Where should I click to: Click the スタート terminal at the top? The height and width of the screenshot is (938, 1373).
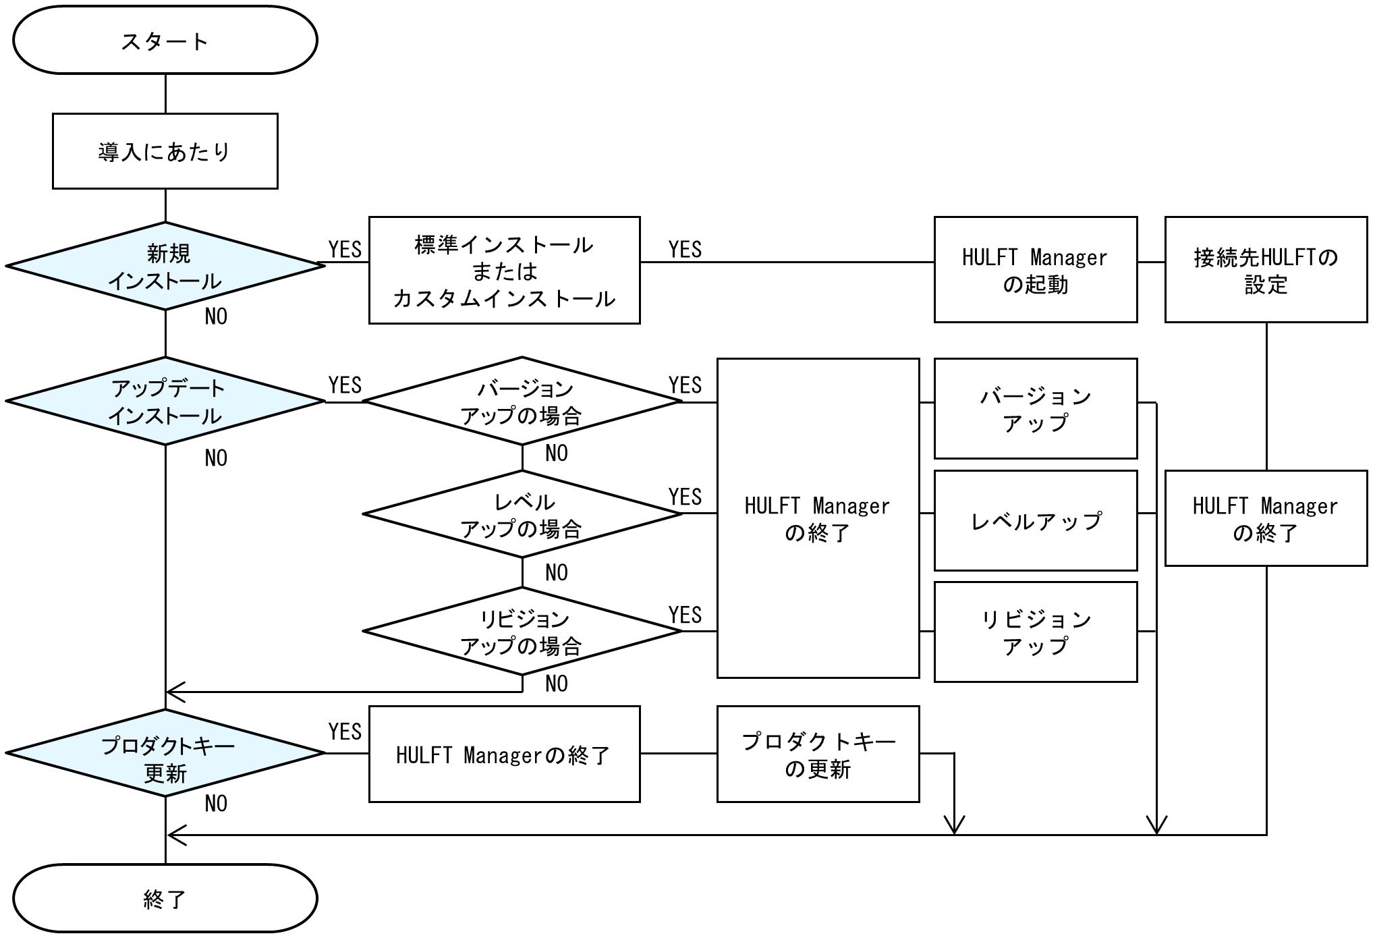pyautogui.click(x=165, y=40)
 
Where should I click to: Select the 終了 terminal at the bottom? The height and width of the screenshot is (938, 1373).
pyautogui.click(x=165, y=898)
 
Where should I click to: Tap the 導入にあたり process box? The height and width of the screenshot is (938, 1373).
pyautogui.click(x=165, y=151)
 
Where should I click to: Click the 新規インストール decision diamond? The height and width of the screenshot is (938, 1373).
pyautogui.click(x=165, y=267)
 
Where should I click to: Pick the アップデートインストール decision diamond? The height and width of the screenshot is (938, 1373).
pyautogui.click(x=165, y=402)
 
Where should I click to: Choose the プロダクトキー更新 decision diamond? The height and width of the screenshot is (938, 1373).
pyautogui.click(x=165, y=753)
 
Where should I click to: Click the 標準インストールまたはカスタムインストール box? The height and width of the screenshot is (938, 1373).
pyautogui.click(x=504, y=271)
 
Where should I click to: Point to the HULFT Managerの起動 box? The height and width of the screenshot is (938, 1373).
pyautogui.click(x=1035, y=270)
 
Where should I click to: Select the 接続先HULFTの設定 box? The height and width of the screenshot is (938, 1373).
pyautogui.click(x=1266, y=270)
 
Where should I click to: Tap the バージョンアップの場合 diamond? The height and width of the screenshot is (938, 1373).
pyautogui.click(x=522, y=402)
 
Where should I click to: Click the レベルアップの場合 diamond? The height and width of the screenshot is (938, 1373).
pyautogui.click(x=522, y=514)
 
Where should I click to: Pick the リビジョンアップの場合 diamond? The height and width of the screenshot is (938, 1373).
pyautogui.click(x=522, y=632)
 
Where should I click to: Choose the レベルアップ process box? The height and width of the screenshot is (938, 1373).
pyautogui.click(x=1035, y=521)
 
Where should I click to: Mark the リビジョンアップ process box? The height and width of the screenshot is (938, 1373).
pyautogui.click(x=1035, y=632)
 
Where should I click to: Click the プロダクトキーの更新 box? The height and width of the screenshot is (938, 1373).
pyautogui.click(x=818, y=754)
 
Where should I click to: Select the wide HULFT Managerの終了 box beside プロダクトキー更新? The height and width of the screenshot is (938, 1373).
pyautogui.click(x=504, y=754)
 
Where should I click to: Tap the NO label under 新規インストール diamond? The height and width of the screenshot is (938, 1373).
pyautogui.click(x=216, y=316)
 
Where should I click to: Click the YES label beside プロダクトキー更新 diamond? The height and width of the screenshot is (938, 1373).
pyautogui.click(x=345, y=732)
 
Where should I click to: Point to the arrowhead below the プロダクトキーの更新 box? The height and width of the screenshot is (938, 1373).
pyautogui.click(x=954, y=825)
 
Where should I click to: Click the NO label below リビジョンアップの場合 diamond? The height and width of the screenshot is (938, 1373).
pyautogui.click(x=557, y=684)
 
